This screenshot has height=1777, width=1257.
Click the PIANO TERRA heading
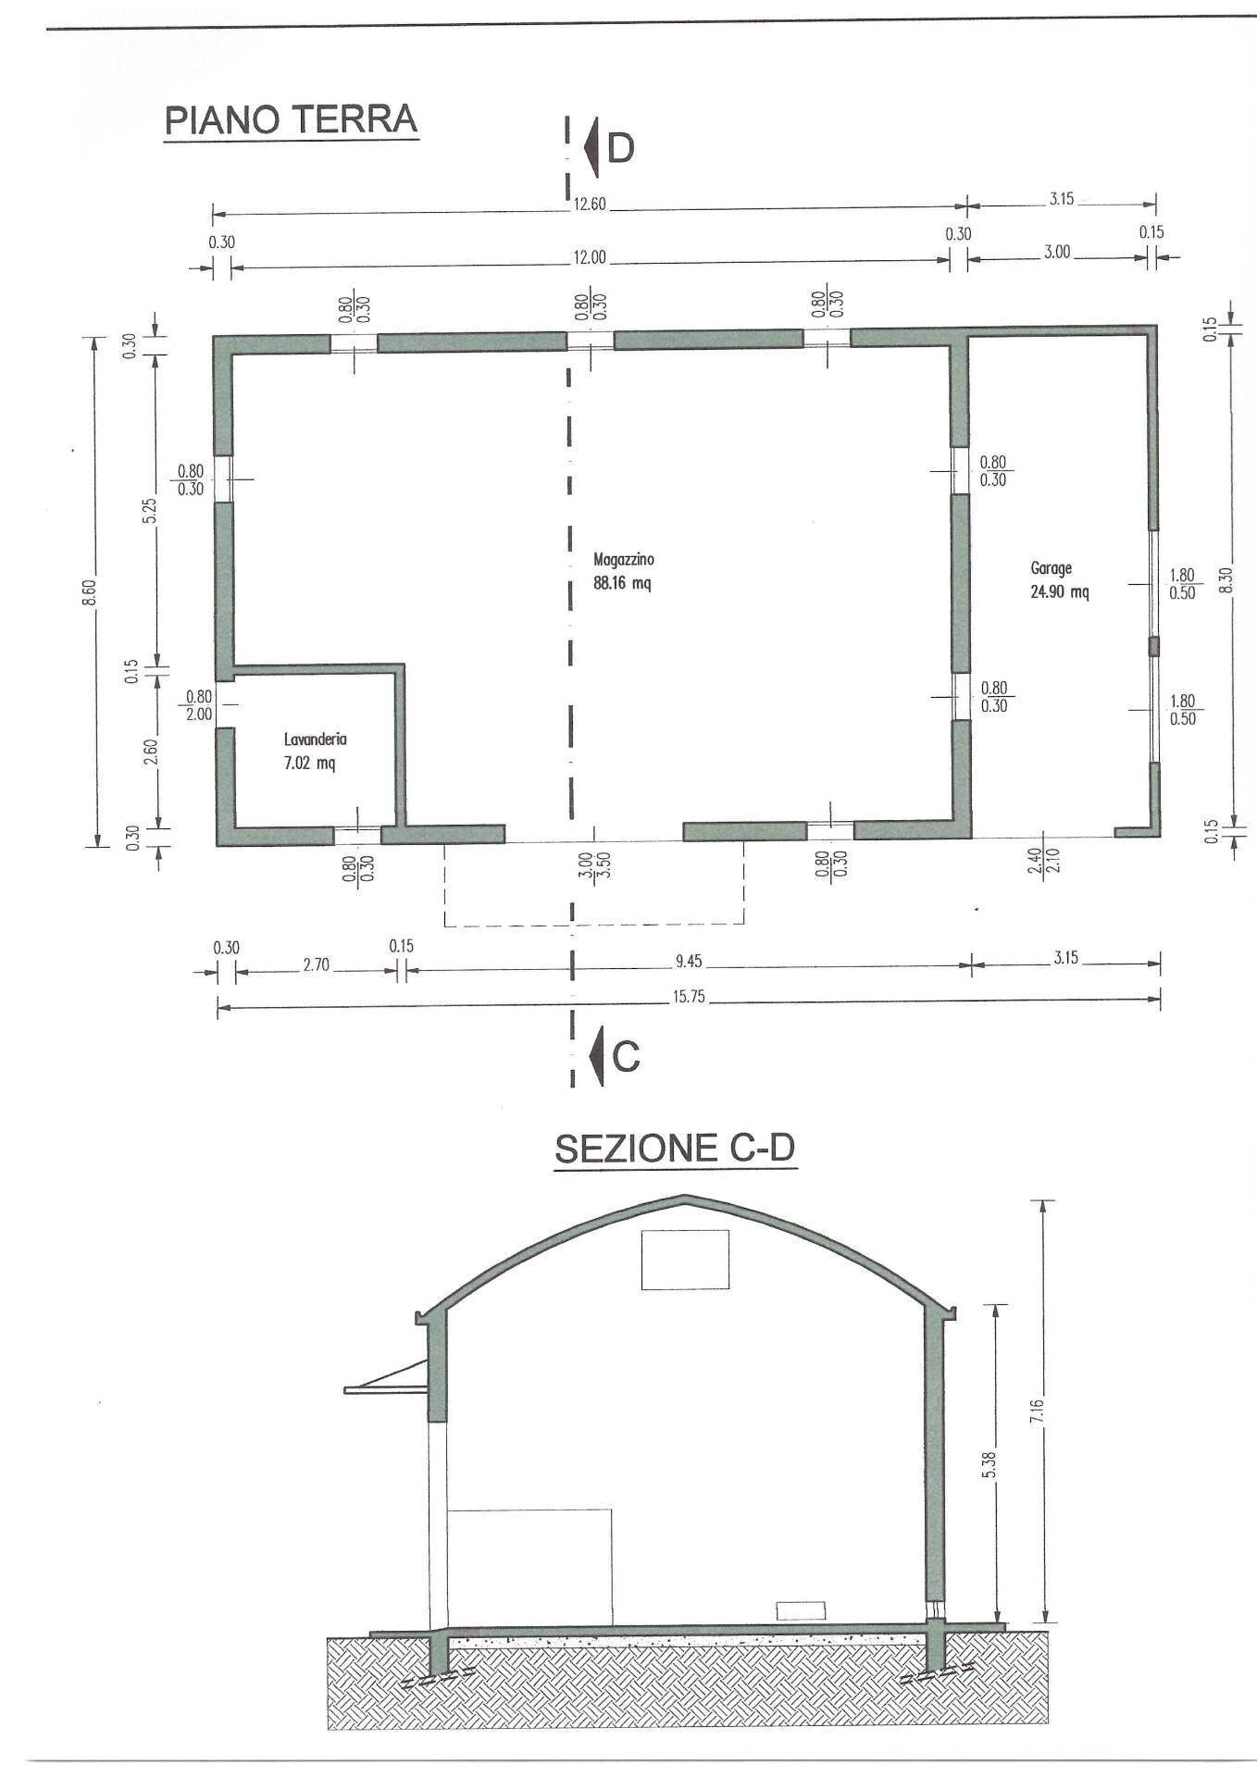click(x=291, y=120)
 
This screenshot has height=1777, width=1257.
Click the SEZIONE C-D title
click(x=675, y=1149)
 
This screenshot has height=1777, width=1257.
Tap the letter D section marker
click(x=620, y=148)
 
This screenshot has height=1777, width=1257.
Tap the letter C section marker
click(x=627, y=1056)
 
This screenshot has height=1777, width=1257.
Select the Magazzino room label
click(x=624, y=559)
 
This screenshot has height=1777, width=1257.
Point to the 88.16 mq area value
click(x=622, y=583)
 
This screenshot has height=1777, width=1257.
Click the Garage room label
click(x=1051, y=568)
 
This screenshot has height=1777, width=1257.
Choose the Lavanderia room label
click(x=316, y=739)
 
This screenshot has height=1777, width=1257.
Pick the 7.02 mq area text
click(x=310, y=764)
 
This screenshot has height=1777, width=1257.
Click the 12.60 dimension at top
click(x=589, y=205)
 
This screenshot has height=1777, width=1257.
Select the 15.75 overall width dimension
click(x=685, y=997)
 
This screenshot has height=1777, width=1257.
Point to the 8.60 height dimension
click(x=89, y=591)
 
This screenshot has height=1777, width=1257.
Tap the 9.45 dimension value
click(x=688, y=962)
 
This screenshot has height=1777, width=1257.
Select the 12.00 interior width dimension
click(x=589, y=258)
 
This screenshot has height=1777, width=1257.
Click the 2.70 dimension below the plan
click(x=316, y=965)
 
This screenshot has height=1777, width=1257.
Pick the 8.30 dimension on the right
click(x=1226, y=580)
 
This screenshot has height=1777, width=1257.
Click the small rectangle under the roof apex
click(x=685, y=1259)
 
